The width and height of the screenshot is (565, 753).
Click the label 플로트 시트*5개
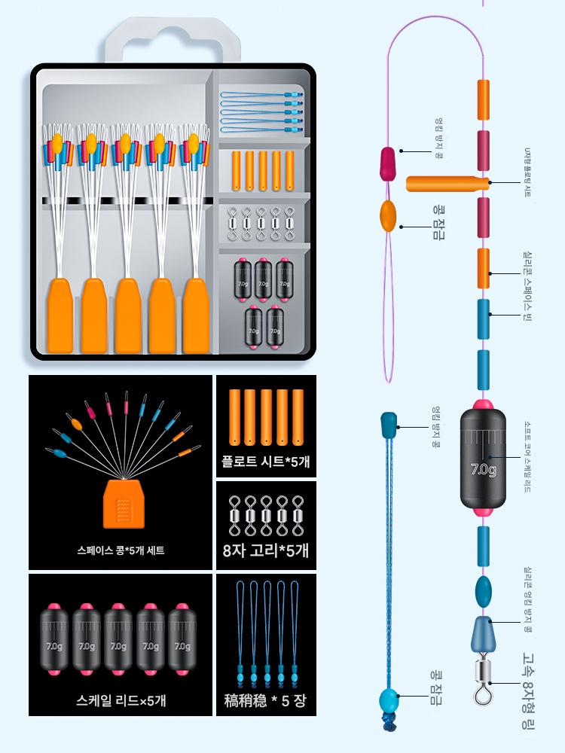(x=266, y=461)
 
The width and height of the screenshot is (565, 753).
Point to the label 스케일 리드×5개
(x=121, y=700)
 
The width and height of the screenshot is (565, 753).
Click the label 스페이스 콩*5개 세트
(x=121, y=550)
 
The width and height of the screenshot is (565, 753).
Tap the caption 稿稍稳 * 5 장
(x=266, y=700)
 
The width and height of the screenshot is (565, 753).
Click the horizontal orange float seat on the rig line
(x=444, y=183)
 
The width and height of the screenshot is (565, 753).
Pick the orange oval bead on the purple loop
(x=389, y=216)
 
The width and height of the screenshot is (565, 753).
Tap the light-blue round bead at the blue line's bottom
(x=389, y=700)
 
